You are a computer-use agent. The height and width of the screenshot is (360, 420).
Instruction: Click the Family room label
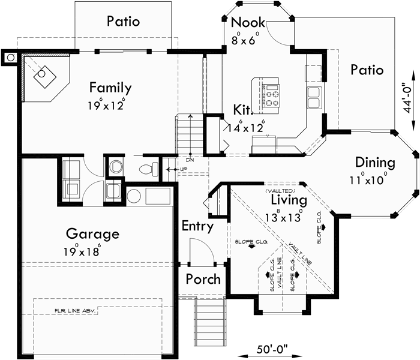[x=110, y=88]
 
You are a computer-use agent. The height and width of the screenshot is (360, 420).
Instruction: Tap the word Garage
[x=92, y=234]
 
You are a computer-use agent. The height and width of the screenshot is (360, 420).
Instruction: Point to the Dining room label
[x=374, y=163]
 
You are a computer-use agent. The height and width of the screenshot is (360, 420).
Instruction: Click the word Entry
[x=197, y=226]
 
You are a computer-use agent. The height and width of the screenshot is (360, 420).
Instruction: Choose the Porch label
[x=203, y=279]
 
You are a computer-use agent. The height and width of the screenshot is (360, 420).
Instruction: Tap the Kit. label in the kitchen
[x=242, y=109]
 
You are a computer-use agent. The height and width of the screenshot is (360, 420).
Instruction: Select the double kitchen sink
[x=313, y=96]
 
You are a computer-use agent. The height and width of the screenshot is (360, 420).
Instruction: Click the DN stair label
[x=190, y=160]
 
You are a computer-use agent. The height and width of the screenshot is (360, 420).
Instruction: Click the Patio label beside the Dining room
[x=367, y=70]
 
